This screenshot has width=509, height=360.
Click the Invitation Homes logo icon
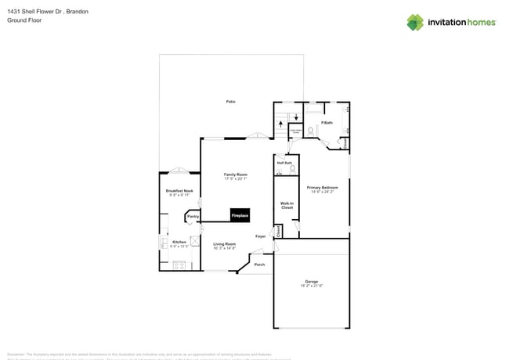tap(415, 22)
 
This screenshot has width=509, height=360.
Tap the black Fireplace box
tap(240, 215)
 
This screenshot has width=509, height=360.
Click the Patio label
tap(231, 102)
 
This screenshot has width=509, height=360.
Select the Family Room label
tap(236, 175)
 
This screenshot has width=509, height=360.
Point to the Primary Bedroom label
tap(323, 188)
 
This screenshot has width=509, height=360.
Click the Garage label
tap(312, 282)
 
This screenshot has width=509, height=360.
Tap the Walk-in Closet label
tap(287, 205)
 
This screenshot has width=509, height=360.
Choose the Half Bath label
tap(285, 163)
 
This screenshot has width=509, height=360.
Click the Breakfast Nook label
tap(179, 191)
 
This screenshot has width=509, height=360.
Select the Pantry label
tap(193, 216)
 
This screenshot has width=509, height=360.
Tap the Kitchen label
tap(179, 242)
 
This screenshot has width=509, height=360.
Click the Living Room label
tap(225, 244)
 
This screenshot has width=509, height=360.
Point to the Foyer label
tap(261, 236)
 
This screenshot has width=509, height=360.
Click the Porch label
tap(259, 265)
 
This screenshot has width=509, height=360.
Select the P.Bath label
tap(327, 123)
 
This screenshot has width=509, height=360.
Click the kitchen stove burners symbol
tap(179, 265)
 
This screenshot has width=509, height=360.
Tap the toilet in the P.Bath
tap(311, 131)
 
